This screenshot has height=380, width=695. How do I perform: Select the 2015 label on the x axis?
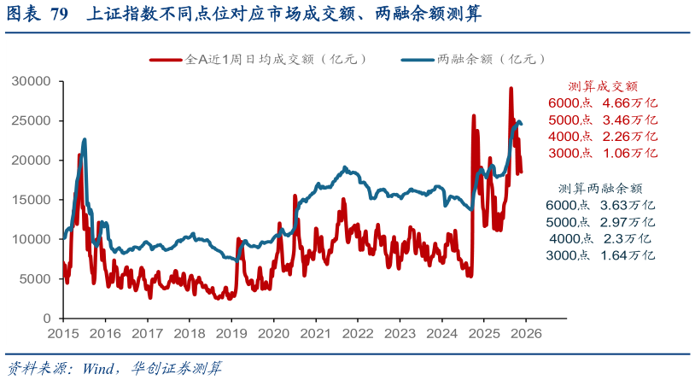(x=63, y=334)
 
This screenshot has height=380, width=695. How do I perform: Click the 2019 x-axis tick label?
(x=231, y=334)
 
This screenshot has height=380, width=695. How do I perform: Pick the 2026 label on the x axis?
(x=525, y=334)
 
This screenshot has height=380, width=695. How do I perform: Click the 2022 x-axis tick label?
(x=357, y=334)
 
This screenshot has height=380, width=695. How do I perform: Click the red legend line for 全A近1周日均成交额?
(x=166, y=60)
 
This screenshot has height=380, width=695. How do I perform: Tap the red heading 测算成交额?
(x=603, y=86)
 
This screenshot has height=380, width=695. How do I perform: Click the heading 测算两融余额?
(x=600, y=188)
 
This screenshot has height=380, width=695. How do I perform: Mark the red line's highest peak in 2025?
(x=511, y=88)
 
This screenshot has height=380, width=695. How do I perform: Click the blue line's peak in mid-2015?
(x=85, y=139)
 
